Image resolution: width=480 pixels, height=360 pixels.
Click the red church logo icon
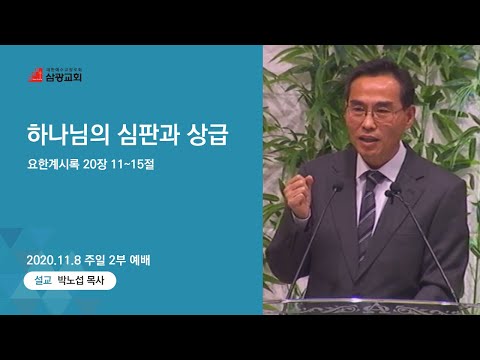point(36,75)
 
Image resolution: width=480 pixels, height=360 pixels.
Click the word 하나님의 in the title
point(68,135)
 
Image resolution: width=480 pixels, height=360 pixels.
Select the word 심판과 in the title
point(149,135)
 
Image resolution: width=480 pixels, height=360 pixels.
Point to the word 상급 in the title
point(207,135)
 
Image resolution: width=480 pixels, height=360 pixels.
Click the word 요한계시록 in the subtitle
point(53,164)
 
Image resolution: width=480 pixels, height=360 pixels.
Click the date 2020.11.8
point(54,260)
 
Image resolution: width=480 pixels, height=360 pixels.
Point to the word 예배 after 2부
point(139,260)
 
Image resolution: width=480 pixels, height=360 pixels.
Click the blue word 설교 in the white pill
point(43,280)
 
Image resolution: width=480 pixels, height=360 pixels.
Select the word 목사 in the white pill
point(95,280)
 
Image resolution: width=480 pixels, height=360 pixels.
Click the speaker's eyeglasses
point(375,113)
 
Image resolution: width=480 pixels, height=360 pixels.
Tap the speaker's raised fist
point(298,196)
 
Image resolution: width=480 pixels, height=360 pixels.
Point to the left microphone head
point(338,187)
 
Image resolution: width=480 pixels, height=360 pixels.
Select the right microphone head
point(395,188)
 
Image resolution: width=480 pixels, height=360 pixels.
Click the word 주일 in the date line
point(95,260)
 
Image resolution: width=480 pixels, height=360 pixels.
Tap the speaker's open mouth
point(368,139)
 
